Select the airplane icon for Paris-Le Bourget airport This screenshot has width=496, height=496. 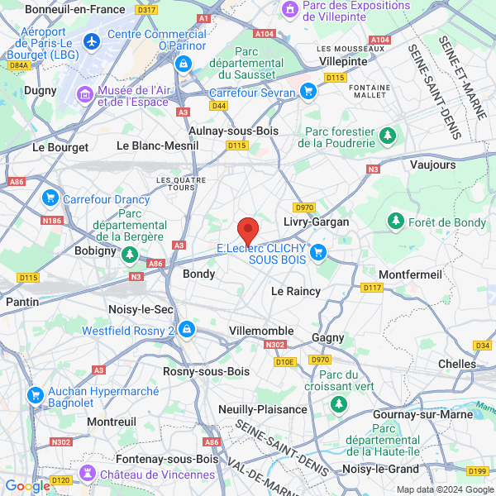91,40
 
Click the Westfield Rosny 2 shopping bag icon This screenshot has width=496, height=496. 188,330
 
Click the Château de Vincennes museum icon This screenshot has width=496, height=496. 86,474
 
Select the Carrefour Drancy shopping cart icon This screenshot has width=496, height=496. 50,199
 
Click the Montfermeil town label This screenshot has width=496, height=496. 410,274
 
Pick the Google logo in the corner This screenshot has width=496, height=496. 26,486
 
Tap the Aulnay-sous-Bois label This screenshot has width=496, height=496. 234,131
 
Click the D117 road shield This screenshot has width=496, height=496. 372,288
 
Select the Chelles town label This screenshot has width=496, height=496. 457,364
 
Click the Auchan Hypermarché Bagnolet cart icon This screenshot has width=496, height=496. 35,396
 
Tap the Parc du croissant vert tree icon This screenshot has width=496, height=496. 338,403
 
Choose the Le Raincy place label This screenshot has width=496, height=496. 296,291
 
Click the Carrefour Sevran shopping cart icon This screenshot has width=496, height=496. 308,92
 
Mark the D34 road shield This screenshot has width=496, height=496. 484,346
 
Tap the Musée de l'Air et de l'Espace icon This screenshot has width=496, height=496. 85,96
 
